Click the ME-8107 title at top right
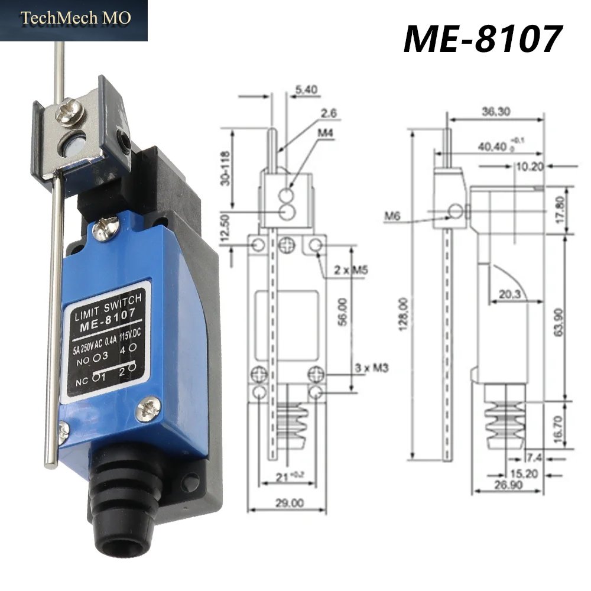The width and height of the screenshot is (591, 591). [483, 39]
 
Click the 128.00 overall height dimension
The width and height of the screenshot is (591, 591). [403, 314]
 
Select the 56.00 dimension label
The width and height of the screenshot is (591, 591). [342, 311]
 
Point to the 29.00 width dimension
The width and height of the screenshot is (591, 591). [289, 503]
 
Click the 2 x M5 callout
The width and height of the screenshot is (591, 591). [350, 270]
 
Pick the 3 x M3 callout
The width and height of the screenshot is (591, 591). [371, 368]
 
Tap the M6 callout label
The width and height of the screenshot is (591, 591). [392, 216]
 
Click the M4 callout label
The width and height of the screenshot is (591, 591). [325, 133]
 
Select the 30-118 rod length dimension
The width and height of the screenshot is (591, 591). [225, 168]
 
